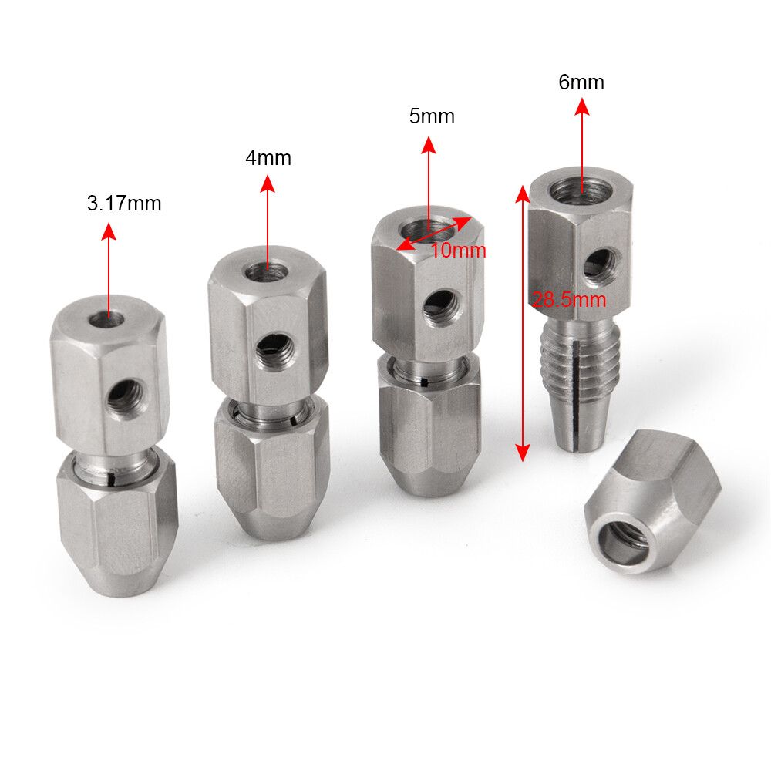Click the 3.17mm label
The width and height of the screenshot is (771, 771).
124,204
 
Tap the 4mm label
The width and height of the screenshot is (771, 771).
268,158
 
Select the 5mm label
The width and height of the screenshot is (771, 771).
432,116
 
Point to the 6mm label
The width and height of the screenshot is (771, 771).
581,82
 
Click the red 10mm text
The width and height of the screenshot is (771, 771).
458,251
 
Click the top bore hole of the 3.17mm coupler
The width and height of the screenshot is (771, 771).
108,315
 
